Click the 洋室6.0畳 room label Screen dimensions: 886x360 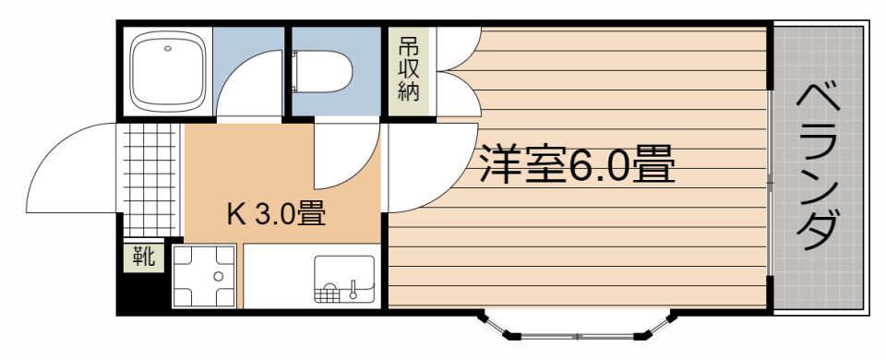coord(577,163)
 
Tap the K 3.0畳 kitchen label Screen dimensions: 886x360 coord(276,213)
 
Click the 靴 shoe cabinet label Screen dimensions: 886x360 coord(144,258)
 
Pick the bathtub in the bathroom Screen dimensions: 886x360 coord(168,72)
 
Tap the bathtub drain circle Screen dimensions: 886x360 coord(167,49)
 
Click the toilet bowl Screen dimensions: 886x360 coord(323,72)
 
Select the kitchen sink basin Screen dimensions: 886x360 coord(344,279)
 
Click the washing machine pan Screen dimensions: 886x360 coord(204,276)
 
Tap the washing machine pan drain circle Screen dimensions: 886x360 coord(218,276)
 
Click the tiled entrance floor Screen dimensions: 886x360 coord(150,179)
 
